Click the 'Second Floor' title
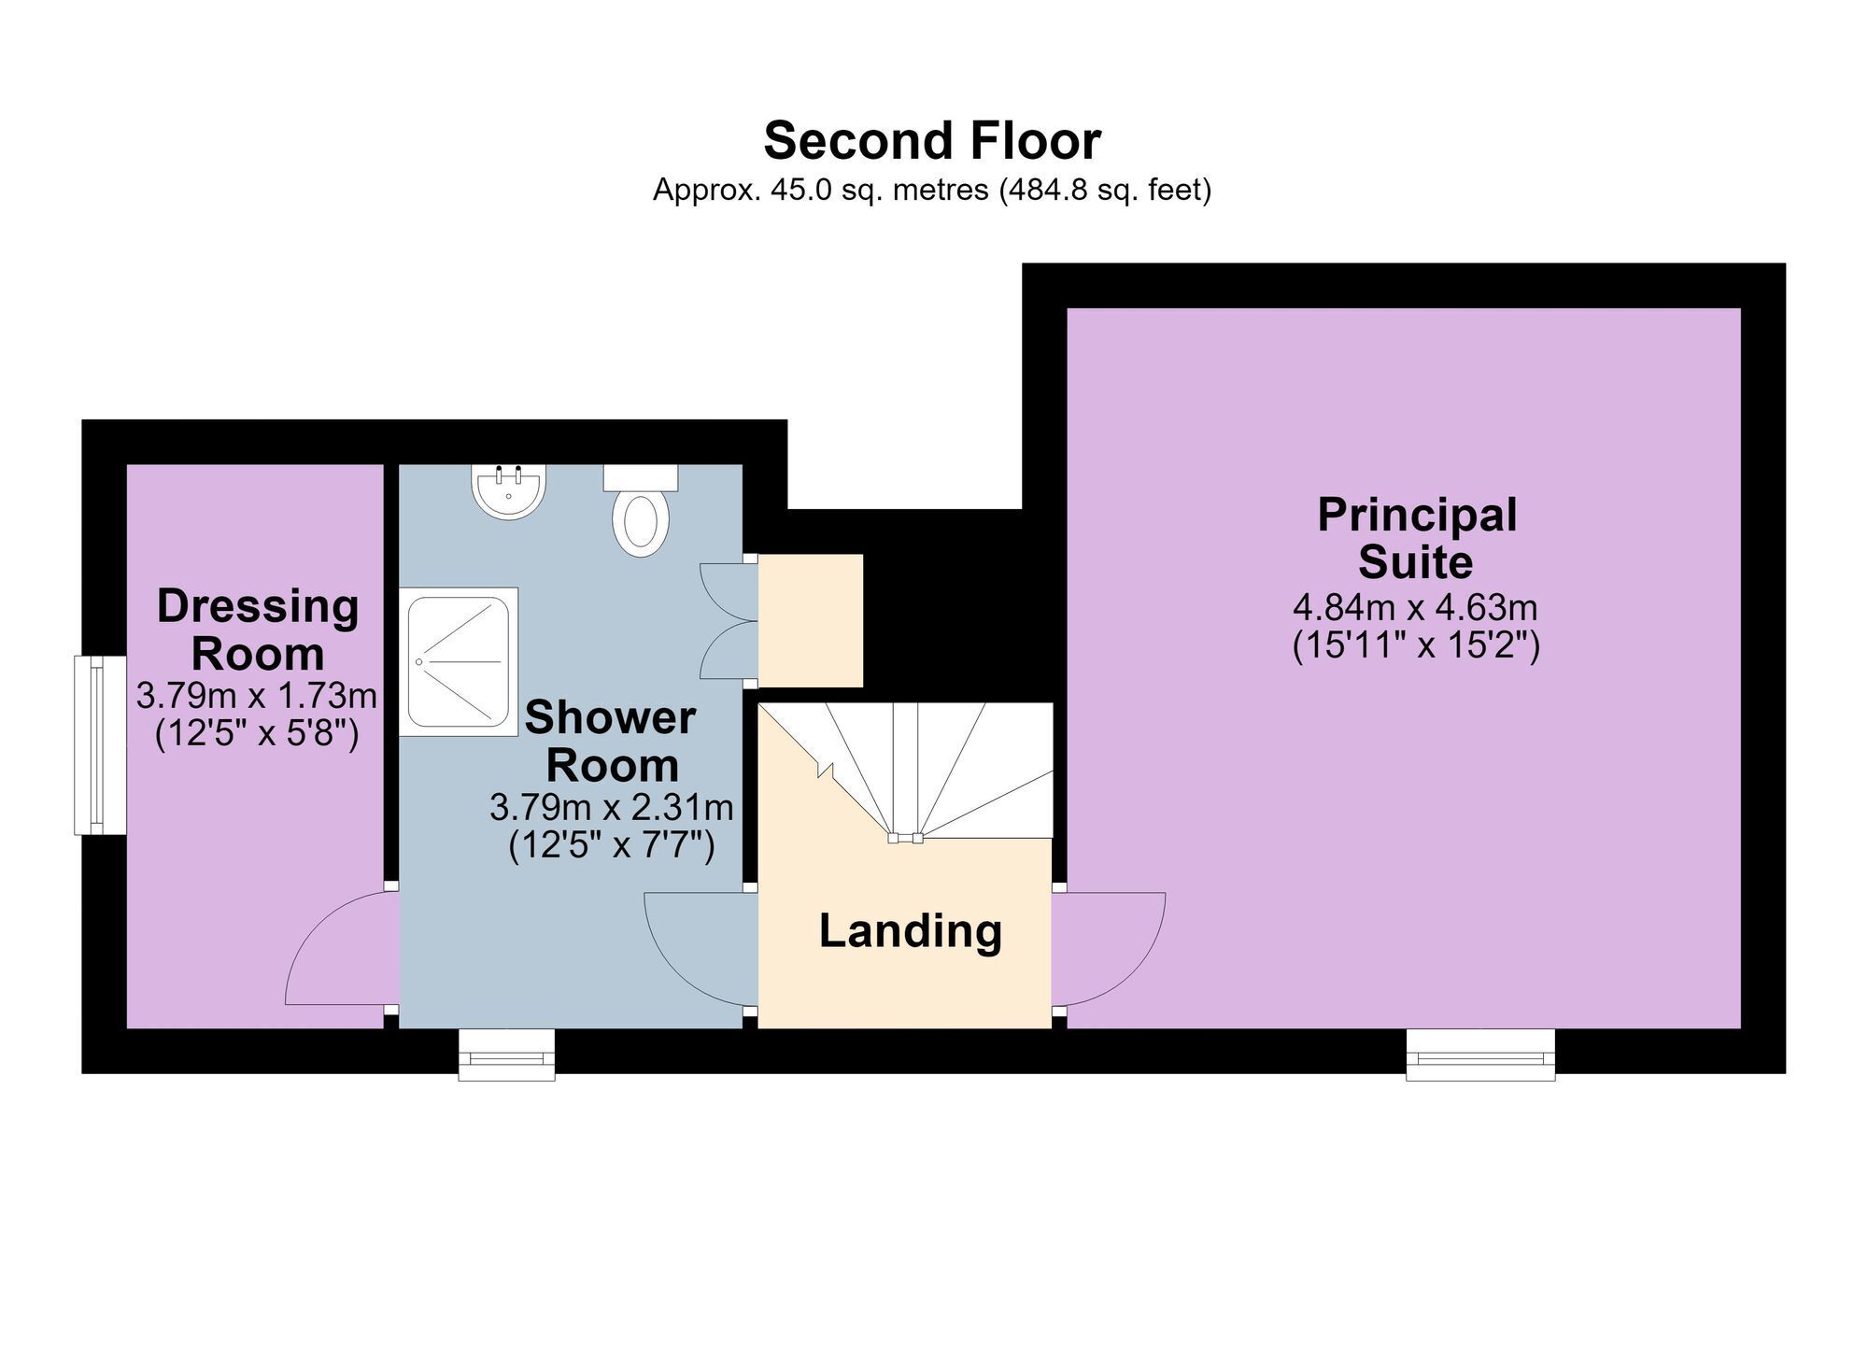[x=932, y=141]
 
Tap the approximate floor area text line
[x=932, y=191]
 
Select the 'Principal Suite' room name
[x=1417, y=539]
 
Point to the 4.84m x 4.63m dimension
[x=1415, y=608]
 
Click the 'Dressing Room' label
[x=258, y=630]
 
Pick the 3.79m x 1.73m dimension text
[x=257, y=696]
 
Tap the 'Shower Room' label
[x=611, y=742]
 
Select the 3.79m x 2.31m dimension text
[x=611, y=807]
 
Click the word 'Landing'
[x=911, y=931]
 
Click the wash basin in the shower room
[x=509, y=491]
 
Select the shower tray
[x=459, y=661]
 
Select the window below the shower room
[x=506, y=1055]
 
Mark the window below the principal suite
[x=1481, y=1055]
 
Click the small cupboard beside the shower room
[x=810, y=621]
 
